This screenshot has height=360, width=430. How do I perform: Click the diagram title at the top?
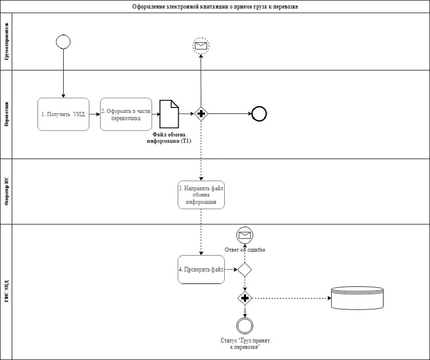coord(216,7)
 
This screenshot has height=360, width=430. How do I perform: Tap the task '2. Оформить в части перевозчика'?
coord(125,114)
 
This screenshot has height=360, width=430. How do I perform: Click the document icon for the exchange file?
coord(169,114)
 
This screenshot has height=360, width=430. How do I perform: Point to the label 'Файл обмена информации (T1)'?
coord(169,138)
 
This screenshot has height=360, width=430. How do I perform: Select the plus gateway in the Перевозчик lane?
coord(201,114)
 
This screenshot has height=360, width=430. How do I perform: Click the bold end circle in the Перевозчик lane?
coord(259,114)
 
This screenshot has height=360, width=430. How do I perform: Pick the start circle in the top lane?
coord(63,42)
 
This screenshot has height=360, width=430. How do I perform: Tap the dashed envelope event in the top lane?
coord(201,46)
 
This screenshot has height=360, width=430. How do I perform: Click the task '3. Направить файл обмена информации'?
coord(201,195)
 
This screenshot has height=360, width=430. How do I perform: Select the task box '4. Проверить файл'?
coord(201,270)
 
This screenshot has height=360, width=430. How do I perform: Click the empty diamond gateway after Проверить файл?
coord(244,270)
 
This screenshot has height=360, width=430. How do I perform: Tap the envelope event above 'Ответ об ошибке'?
coord(244,235)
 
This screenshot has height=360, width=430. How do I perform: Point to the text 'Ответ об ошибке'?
coord(244,250)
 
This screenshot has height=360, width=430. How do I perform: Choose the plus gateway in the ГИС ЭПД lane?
coord(245,298)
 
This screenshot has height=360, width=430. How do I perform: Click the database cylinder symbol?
coord(357,298)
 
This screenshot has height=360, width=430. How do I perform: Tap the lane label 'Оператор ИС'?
coord(7,191)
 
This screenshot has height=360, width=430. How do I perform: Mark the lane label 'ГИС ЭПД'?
coord(7,291)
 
